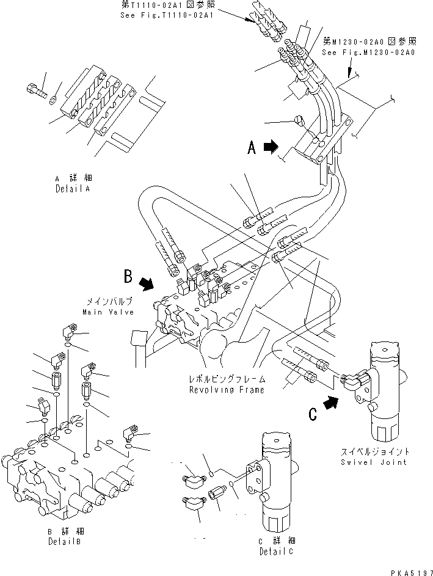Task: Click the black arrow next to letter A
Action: tap(271, 147)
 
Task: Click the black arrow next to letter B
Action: tap(147, 283)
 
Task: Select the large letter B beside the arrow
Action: tap(128, 277)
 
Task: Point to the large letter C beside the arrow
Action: tap(313, 414)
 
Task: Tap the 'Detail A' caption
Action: tap(72, 189)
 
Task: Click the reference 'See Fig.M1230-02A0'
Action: tap(368, 53)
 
